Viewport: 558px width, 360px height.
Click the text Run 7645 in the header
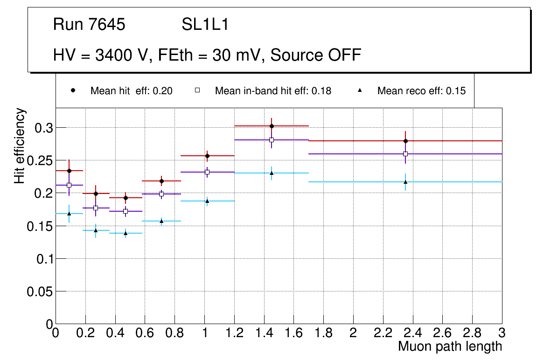[x=89, y=25]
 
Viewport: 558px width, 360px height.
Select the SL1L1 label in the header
[x=205, y=25]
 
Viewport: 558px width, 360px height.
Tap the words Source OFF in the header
[x=316, y=55]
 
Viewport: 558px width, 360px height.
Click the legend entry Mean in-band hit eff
[x=273, y=91]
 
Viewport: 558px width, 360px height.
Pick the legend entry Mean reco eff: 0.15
[x=421, y=91]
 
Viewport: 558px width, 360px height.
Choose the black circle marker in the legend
[x=73, y=90]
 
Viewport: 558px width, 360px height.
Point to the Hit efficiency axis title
[x=20, y=145]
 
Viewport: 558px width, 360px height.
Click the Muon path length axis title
[x=450, y=346]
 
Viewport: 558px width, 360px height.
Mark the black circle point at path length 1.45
[x=272, y=126]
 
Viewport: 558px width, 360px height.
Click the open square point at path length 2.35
[x=405, y=154]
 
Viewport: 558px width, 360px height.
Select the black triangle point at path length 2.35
[x=405, y=182]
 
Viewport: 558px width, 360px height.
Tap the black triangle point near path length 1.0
[x=207, y=201]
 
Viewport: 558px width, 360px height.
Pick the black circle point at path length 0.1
[x=69, y=171]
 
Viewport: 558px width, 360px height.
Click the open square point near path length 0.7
[x=161, y=194]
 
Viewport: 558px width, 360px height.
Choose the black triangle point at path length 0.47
[x=126, y=233]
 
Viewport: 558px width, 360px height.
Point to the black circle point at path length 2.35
[x=405, y=141]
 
